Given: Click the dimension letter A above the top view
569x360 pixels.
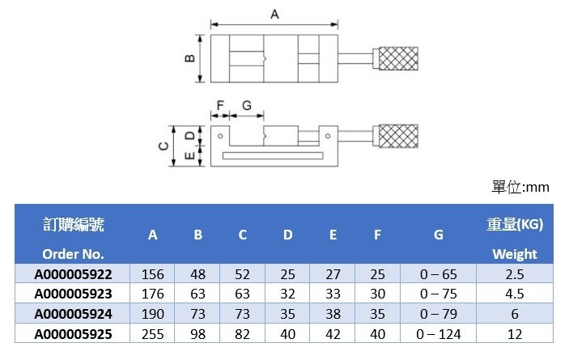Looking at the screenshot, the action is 274,14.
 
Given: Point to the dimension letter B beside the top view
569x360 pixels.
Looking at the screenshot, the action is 189,58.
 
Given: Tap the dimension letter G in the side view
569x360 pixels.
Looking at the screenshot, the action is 247,105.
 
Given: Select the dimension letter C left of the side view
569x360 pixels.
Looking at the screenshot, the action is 163,146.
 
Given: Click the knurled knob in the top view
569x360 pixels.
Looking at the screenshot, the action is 398,58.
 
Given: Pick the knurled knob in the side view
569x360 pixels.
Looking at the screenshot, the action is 398,136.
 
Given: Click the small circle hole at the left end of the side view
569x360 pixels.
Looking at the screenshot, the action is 220,136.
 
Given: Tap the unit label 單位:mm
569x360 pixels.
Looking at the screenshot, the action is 520,187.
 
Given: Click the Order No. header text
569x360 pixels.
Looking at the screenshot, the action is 74,254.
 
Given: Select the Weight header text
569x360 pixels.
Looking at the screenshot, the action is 515,254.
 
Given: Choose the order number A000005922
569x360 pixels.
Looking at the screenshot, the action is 74,274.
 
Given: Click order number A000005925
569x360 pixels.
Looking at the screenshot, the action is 74,334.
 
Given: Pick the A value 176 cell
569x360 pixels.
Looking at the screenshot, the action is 153,294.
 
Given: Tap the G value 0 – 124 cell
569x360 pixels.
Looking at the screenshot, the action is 439,334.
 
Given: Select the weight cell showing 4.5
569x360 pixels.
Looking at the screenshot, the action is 515,294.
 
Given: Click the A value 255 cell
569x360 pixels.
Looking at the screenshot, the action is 153,334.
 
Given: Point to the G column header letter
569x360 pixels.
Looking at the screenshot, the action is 439,235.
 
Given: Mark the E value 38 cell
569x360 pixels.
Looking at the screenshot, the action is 333,314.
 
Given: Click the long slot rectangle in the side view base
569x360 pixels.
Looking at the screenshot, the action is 273,156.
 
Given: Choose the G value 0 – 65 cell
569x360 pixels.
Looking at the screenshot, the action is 439,274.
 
